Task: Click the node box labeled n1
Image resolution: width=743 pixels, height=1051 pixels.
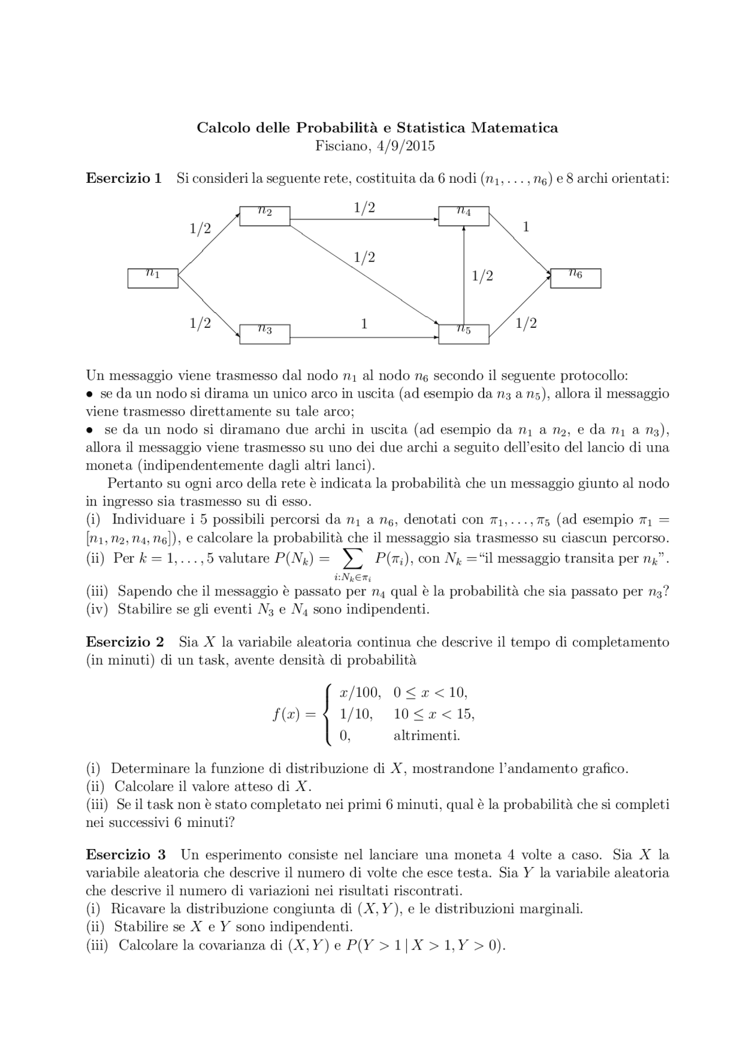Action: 153,278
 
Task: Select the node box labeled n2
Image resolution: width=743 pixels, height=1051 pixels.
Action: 265,216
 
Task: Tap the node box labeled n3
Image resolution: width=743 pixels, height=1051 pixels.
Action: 265,334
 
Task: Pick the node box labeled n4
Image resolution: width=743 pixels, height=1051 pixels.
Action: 464,216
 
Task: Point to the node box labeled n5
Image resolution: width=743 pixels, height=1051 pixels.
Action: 464,334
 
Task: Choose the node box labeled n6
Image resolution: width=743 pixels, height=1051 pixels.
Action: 575,278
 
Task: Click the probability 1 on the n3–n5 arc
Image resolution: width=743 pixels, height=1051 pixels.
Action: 364,324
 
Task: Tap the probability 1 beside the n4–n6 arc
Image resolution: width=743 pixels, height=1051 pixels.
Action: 526,227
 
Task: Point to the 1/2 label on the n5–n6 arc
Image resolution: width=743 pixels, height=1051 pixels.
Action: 526,323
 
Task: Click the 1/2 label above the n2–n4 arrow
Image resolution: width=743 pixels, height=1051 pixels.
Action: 364,207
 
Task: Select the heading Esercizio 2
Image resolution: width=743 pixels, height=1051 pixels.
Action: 125,642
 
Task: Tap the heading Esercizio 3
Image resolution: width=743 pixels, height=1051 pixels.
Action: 125,855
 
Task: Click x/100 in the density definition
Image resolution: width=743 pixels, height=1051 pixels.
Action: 360,692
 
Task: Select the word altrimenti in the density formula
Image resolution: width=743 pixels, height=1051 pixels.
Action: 427,736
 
